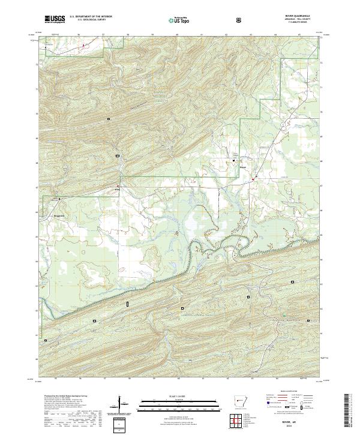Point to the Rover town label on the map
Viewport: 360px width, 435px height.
(x=243, y=167)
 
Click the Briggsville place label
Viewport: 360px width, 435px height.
(x=56, y=213)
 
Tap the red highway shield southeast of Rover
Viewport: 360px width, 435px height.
(x=254, y=178)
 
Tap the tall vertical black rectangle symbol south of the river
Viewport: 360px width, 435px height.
(x=128, y=305)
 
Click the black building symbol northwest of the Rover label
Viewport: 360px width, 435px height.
(x=234, y=160)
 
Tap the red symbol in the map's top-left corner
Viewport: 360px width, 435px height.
(x=83, y=44)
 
